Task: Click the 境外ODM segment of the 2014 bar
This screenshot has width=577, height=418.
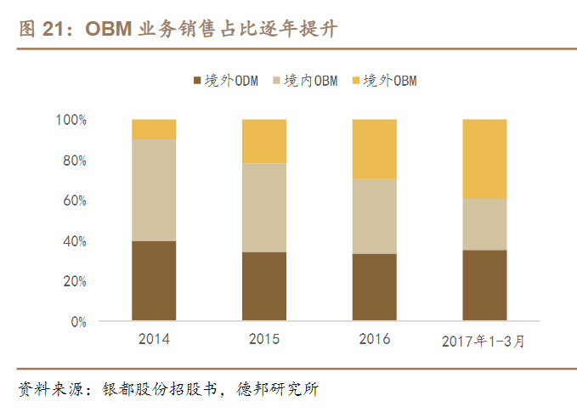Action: pos(154,281)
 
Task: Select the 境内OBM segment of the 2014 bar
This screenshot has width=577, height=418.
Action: pos(154,189)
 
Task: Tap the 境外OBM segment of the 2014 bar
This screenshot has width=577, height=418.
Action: pos(154,128)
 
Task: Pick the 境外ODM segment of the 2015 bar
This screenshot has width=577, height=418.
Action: pos(264,286)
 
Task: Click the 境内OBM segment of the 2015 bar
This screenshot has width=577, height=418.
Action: pos(264,207)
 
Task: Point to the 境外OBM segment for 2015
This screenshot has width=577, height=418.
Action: pos(264,141)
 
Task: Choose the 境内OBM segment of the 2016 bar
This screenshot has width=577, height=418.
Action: pos(375,216)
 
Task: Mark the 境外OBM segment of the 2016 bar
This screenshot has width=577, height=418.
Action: pos(375,149)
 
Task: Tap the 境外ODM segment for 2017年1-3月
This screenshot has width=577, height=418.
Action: pos(485,285)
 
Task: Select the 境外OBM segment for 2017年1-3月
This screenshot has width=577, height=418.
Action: pos(485,159)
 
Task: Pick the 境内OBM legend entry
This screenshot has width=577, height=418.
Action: pos(304,81)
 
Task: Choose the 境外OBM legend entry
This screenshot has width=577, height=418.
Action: pos(383,81)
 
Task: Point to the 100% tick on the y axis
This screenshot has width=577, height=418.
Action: pos(72,120)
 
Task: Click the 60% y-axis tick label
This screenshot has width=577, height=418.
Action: pos(75,201)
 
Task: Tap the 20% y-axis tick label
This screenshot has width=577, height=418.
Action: pos(75,281)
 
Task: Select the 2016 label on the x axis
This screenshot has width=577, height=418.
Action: pos(375,339)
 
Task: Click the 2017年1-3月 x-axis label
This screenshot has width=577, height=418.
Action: pos(485,341)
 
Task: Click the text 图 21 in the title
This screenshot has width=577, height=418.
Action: pos(37,29)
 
